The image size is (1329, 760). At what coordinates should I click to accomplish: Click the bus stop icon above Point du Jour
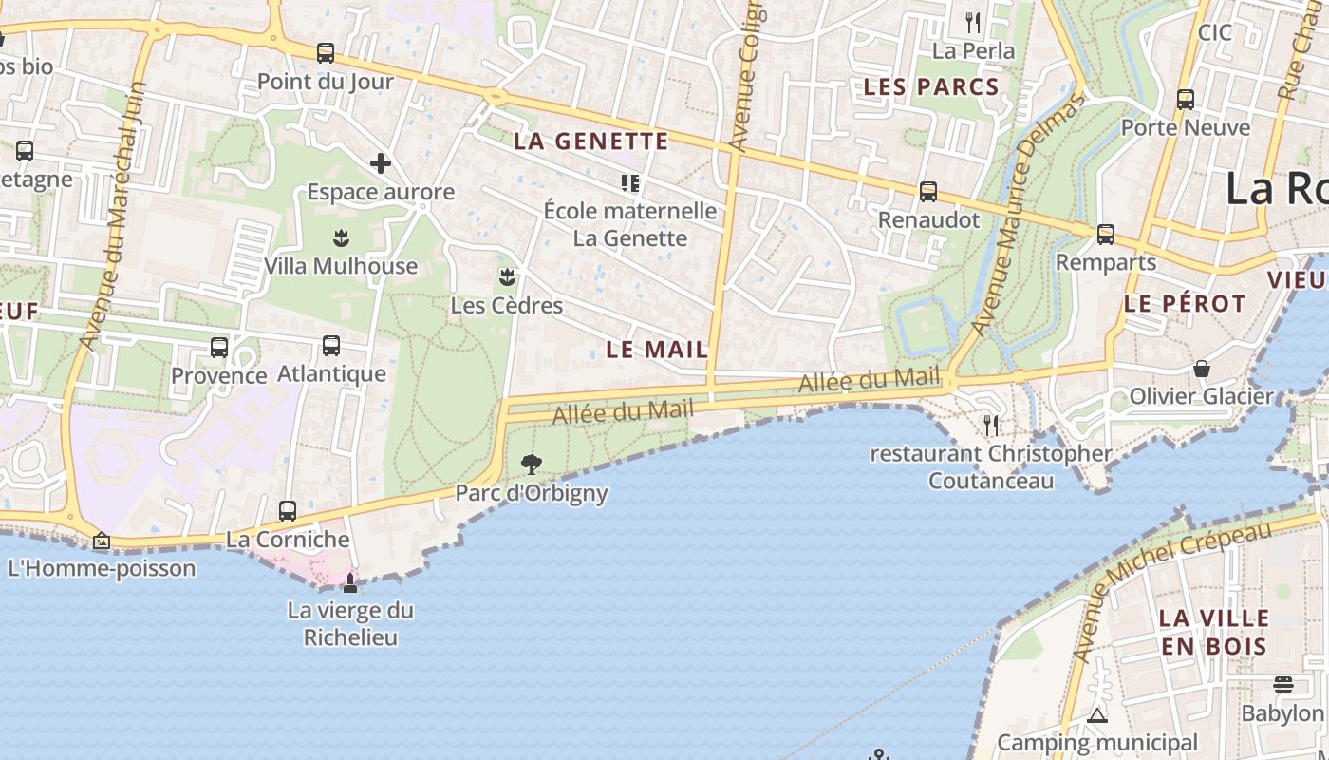click(326, 53)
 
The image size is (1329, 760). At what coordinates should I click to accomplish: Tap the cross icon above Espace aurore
click(381, 163)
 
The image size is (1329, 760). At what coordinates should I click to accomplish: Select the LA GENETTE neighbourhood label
click(591, 142)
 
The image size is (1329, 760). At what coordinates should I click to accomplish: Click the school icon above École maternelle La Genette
click(630, 181)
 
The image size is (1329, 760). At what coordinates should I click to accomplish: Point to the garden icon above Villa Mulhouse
click(341, 237)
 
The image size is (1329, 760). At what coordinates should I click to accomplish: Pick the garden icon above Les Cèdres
click(507, 276)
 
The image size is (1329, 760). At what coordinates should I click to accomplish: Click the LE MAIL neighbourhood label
click(657, 349)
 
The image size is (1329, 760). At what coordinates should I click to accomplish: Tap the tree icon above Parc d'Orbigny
click(532, 465)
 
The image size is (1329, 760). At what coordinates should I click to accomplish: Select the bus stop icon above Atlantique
click(331, 346)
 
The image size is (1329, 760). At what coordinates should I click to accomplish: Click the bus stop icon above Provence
click(219, 348)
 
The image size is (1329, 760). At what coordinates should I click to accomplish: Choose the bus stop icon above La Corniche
click(288, 511)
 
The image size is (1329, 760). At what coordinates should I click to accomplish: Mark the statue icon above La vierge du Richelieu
click(350, 582)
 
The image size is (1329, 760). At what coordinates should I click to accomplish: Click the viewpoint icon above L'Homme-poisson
click(102, 541)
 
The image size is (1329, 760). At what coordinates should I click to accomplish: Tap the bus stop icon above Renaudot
click(928, 192)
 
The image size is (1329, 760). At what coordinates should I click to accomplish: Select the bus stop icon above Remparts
click(1106, 235)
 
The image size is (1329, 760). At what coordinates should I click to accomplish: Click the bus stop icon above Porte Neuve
click(1186, 100)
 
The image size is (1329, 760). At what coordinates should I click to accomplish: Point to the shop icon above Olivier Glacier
click(1202, 369)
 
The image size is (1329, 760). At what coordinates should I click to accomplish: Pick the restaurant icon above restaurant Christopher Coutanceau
click(992, 425)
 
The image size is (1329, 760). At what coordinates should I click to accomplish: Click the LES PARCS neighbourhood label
click(931, 87)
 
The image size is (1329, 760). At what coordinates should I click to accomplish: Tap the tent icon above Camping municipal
click(1097, 715)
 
